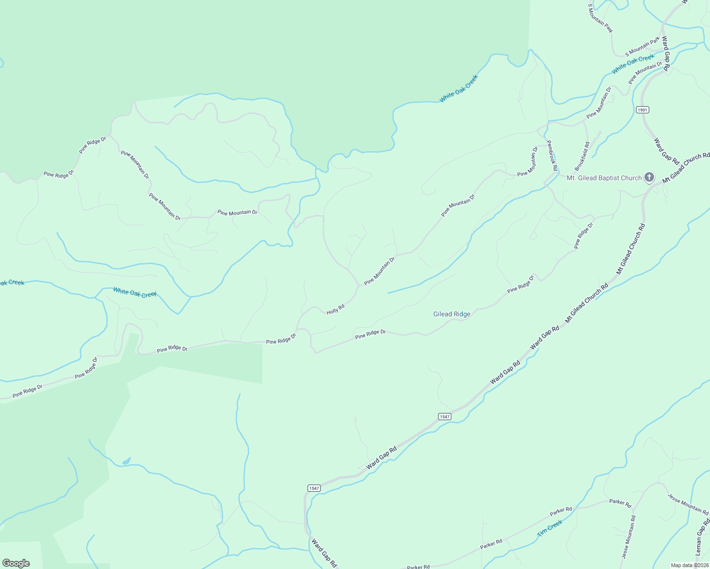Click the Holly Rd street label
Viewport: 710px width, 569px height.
tap(335, 309)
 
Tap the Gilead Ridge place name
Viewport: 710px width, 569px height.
tap(452, 314)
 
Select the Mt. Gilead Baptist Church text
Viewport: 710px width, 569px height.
tap(604, 178)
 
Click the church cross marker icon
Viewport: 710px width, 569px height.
tap(649, 177)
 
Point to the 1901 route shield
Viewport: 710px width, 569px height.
tap(642, 110)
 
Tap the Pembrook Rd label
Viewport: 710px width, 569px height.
tap(551, 155)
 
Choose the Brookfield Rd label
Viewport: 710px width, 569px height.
tap(582, 156)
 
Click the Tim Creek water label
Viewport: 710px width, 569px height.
tap(550, 528)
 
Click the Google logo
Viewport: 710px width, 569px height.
tap(16, 563)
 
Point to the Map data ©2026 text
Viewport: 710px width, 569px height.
tap(690, 565)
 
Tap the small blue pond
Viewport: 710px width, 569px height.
tap(126, 461)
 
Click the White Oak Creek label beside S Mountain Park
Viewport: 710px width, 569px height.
tap(633, 64)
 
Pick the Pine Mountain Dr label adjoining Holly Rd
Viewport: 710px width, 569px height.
tap(379, 272)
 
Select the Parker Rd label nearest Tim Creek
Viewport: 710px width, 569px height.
tap(561, 511)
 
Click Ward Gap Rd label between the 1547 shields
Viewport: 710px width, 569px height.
tap(381, 458)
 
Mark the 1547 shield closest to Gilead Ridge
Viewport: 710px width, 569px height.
tap(444, 416)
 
